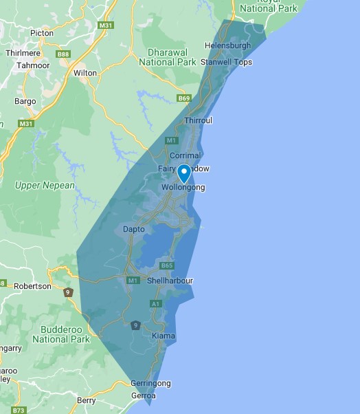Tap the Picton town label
(x=42, y=32)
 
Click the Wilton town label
(x=85, y=72)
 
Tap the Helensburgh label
(x=228, y=46)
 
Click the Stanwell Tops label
(x=226, y=62)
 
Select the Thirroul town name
(x=198, y=120)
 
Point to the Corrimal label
(x=184, y=156)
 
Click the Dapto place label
(x=133, y=228)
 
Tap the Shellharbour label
(x=170, y=281)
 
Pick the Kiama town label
(x=164, y=336)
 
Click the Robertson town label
(x=32, y=286)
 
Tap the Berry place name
(x=87, y=400)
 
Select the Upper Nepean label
(x=45, y=186)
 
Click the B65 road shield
(x=166, y=265)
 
